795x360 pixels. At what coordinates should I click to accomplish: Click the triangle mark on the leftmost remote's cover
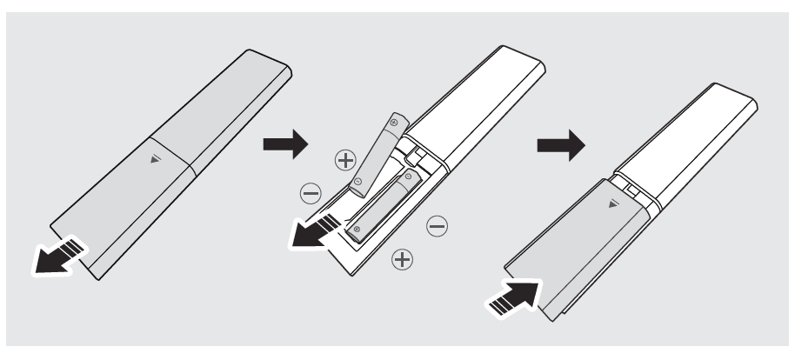156,159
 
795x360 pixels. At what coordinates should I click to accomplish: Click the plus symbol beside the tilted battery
346,160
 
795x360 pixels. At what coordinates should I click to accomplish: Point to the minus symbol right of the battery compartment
438,226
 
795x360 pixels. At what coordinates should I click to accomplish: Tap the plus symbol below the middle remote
402,258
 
